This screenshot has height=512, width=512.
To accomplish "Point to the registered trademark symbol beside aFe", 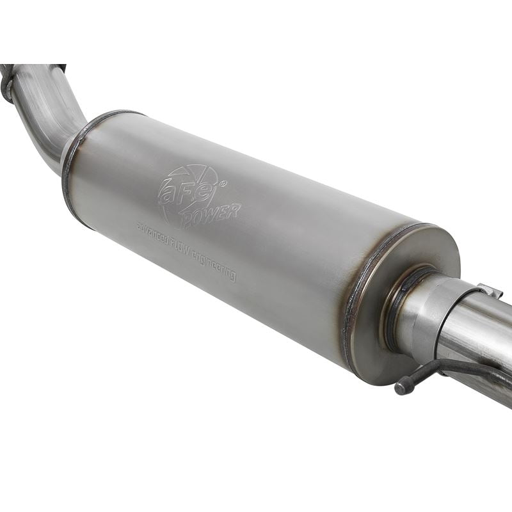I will click(x=223, y=184).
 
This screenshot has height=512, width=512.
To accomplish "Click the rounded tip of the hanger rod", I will click(x=401, y=388).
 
